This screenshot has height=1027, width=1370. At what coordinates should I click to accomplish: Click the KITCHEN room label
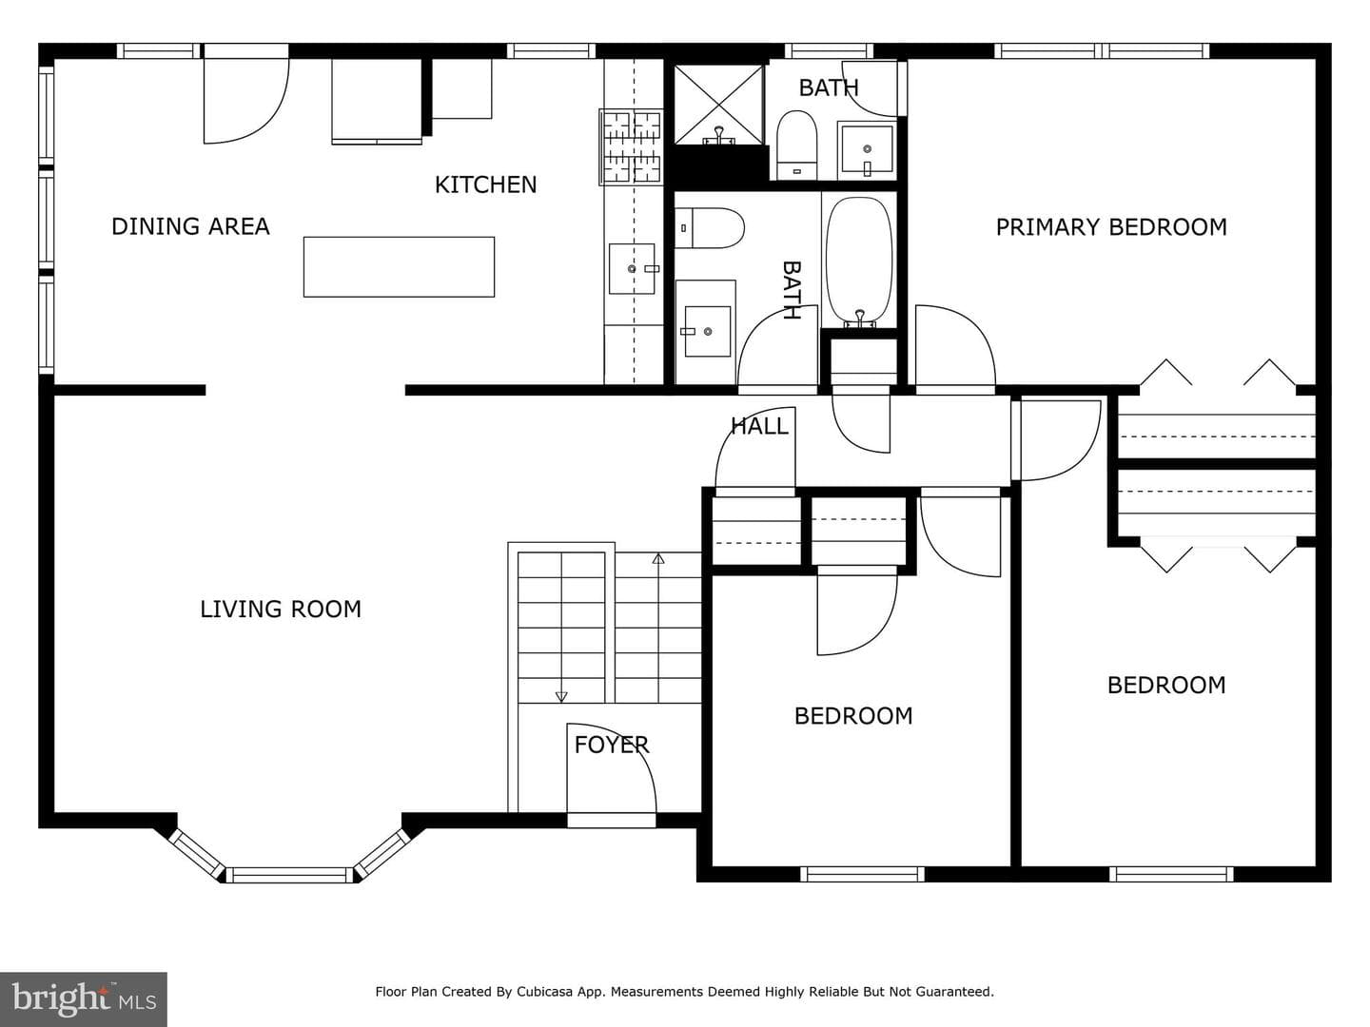pyautogui.click(x=485, y=184)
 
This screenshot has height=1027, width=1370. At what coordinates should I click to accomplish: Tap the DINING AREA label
pyautogui.click(x=190, y=226)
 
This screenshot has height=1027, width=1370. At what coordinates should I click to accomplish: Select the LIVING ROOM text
pyautogui.click(x=281, y=610)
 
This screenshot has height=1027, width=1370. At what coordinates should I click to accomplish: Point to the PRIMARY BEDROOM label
pyautogui.click(x=1111, y=227)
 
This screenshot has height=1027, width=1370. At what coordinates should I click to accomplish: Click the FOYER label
pyautogui.click(x=612, y=745)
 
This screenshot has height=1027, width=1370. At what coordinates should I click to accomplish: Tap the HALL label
pyautogui.click(x=759, y=427)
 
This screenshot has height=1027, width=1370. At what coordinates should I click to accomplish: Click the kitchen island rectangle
pyautogui.click(x=399, y=267)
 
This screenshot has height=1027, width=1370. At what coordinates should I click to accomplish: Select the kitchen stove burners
pyautogui.click(x=631, y=147)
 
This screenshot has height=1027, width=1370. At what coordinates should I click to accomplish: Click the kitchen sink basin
pyautogui.click(x=633, y=269)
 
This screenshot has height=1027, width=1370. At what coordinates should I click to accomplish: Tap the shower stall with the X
pyautogui.click(x=719, y=105)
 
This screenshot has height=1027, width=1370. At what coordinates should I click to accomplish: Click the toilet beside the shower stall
pyautogui.click(x=796, y=145)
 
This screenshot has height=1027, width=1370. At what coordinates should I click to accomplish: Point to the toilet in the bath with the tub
pyautogui.click(x=710, y=228)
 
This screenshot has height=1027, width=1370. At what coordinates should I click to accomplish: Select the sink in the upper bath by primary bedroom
pyautogui.click(x=867, y=149)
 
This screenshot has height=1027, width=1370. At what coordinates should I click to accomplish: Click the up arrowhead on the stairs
pyautogui.click(x=657, y=559)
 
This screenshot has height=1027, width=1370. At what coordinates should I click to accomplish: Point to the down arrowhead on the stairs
pyautogui.click(x=561, y=696)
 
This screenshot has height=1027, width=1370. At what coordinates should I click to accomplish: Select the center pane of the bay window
pyautogui.click(x=289, y=875)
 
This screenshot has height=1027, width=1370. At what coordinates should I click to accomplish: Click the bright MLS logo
pyautogui.click(x=84, y=998)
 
